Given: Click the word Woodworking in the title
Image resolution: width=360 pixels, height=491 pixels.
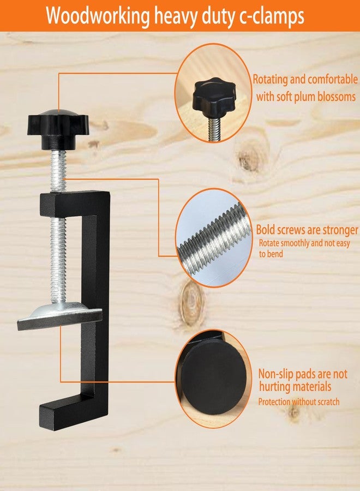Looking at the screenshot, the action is tap(97, 16).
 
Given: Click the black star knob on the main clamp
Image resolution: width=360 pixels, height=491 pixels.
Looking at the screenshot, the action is tap(58, 129).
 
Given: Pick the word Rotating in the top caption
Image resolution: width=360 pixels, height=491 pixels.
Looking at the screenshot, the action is tap(270, 79).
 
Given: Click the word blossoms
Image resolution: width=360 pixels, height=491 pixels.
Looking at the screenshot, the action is tap(337, 96).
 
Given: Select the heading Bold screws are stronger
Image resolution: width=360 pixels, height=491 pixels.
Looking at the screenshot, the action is tap(307, 229).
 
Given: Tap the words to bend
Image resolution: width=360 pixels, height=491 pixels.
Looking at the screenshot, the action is tap(271, 253).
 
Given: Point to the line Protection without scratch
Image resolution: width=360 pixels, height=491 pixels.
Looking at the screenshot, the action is tap(299, 402).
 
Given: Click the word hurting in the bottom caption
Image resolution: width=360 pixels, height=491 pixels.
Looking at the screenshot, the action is tap(274, 386).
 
